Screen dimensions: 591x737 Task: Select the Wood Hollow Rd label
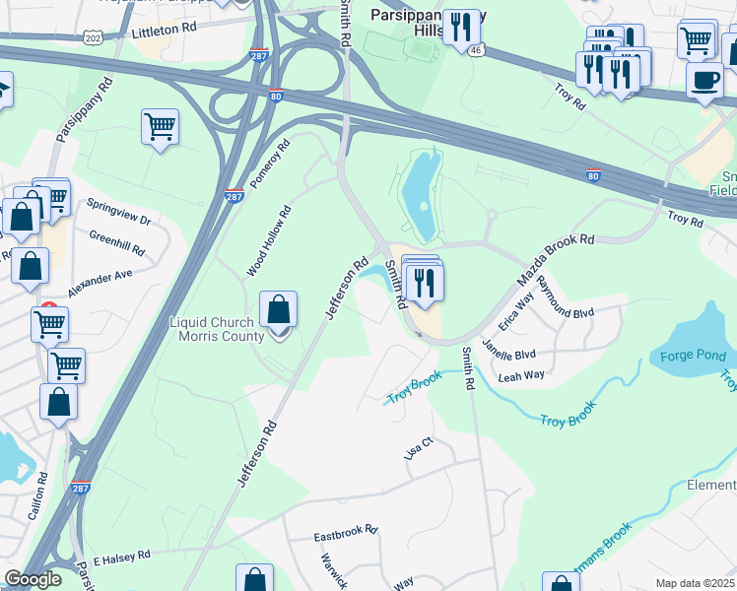tap(269, 240)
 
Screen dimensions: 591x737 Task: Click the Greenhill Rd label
tap(117, 243)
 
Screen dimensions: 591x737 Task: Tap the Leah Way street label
tap(522, 375)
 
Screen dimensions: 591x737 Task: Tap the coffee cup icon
tap(704, 81)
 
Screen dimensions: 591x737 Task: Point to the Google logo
tap(33, 579)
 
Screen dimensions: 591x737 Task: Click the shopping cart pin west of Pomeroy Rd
tap(160, 126)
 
